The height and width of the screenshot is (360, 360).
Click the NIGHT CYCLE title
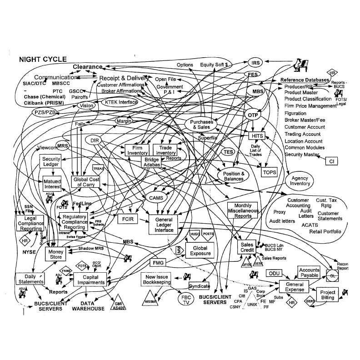43,59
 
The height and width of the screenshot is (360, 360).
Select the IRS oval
255,63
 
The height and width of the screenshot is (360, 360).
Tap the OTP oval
253,115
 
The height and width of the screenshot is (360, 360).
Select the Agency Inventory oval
300,181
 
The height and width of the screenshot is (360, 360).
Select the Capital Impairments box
89,279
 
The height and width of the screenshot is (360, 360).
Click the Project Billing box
327,295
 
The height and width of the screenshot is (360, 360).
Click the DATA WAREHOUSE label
88,306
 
